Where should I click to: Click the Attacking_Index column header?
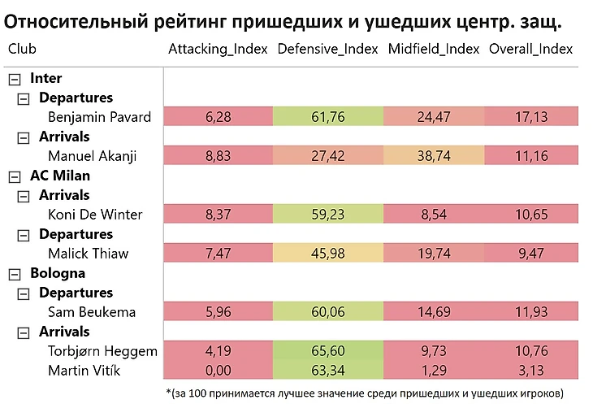(218, 49)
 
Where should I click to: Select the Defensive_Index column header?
(327, 49)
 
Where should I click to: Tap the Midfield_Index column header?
(434, 49)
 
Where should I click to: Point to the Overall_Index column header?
(532, 49)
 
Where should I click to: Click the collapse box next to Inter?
(15, 79)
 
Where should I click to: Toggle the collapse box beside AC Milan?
(15, 176)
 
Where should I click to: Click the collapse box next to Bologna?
(15, 274)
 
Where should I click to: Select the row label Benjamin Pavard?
(99, 117)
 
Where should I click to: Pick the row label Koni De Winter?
(95, 215)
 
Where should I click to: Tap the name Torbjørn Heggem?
(102, 351)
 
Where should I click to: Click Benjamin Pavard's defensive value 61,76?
(327, 117)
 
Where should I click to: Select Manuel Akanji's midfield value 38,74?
(434, 156)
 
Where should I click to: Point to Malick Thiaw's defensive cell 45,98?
(327, 254)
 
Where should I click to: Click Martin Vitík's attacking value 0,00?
(218, 371)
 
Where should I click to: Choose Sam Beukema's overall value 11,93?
(532, 312)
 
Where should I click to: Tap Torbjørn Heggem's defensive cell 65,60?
(327, 351)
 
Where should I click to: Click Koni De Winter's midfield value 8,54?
(434, 215)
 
